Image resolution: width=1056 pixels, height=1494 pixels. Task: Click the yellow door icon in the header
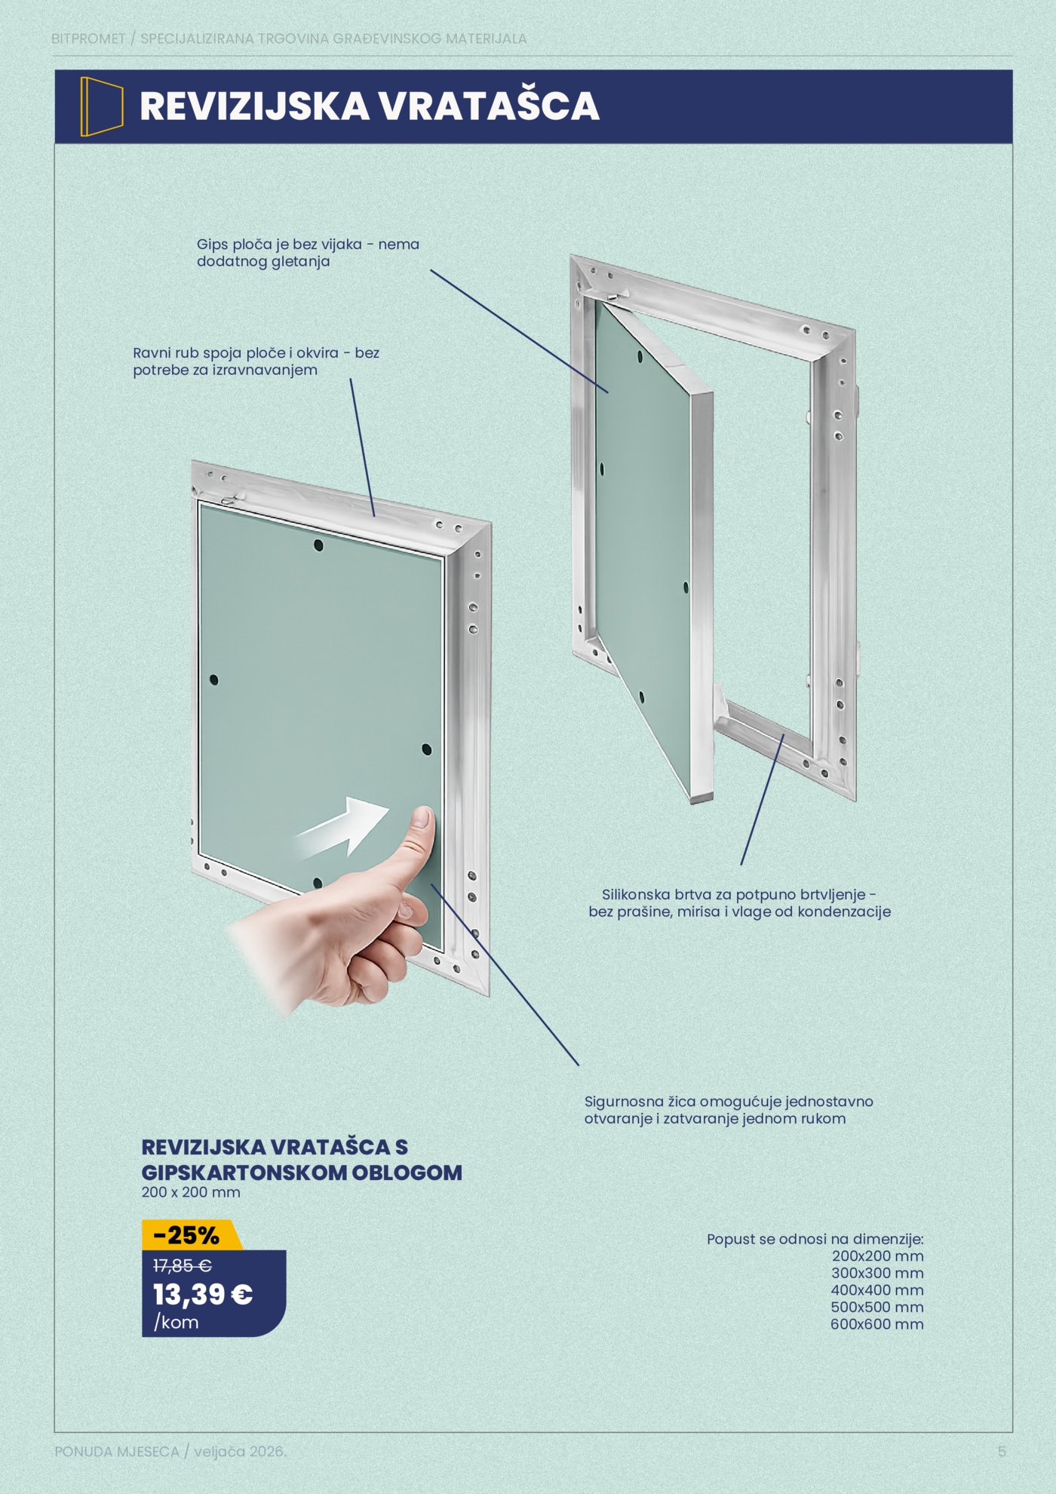click(101, 106)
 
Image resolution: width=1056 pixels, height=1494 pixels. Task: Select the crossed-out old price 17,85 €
click(183, 1265)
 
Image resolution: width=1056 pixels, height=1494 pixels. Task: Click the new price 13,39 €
click(203, 1295)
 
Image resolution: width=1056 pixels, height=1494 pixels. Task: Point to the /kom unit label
click(176, 1323)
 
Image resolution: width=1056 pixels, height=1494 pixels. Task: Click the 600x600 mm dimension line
click(877, 1324)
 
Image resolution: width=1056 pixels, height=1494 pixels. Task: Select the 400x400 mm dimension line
click(877, 1290)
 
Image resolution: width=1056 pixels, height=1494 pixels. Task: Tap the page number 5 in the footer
click(1002, 1451)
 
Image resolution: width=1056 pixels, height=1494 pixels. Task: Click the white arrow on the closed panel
click(342, 828)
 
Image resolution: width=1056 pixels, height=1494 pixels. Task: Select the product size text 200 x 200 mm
click(191, 1193)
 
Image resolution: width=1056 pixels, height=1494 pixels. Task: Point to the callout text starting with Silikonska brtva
click(739, 903)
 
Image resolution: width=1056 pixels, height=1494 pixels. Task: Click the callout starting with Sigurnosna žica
click(729, 1110)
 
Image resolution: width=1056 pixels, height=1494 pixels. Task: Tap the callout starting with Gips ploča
click(308, 253)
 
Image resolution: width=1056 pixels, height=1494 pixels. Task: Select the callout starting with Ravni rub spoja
click(256, 361)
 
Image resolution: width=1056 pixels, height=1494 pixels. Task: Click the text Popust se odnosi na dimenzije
click(815, 1240)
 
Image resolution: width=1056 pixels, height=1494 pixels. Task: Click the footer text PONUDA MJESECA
click(117, 1452)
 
